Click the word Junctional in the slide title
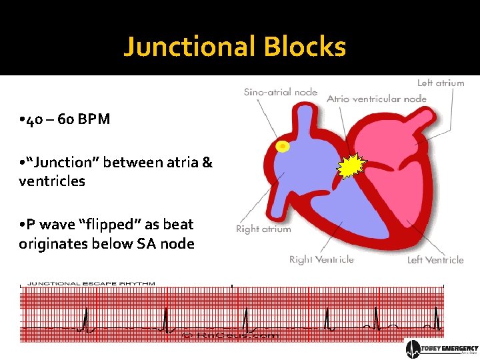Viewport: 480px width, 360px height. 190,47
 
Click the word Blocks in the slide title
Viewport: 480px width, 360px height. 305,47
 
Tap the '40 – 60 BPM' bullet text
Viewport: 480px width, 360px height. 65,119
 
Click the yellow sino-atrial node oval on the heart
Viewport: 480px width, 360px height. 283,146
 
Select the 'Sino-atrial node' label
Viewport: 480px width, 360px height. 280,92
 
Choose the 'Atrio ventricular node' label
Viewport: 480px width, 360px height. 376,99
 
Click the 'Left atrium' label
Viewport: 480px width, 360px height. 440,83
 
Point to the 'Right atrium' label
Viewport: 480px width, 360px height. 263,229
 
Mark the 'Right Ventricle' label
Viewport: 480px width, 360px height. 321,259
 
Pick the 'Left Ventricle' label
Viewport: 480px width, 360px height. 435,260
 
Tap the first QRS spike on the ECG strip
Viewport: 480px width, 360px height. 85,320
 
